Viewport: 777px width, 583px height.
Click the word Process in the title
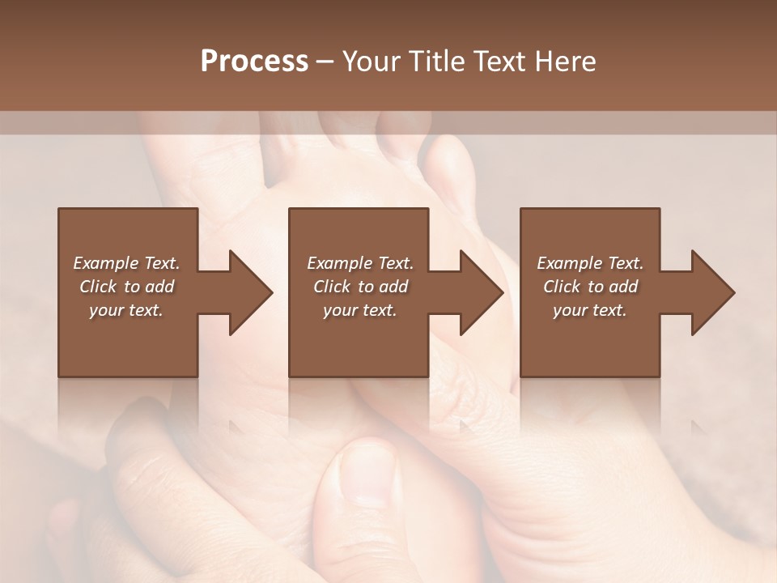click(254, 62)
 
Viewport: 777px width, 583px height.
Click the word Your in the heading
click(372, 62)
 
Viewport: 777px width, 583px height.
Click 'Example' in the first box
click(105, 263)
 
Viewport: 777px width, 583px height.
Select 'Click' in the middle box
click(331, 287)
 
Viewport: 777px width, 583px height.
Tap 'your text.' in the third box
click(590, 310)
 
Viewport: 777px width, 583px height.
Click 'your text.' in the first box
click(126, 310)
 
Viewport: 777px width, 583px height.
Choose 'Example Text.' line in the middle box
click(360, 263)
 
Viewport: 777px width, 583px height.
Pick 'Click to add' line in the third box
click(590, 287)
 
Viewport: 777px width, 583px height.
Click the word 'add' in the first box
click(160, 287)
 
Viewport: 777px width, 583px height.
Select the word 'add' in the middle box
click(394, 287)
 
